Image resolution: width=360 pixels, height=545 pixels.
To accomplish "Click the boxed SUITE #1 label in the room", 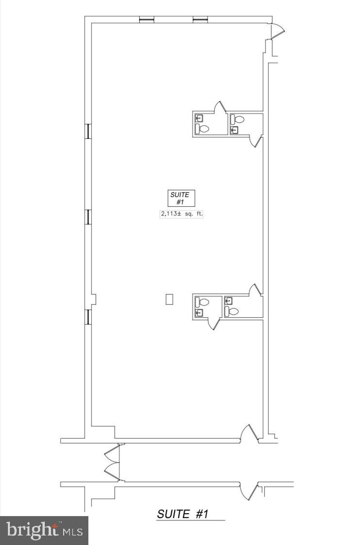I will [181, 198].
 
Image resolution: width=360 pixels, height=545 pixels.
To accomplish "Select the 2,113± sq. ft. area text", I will [182, 214].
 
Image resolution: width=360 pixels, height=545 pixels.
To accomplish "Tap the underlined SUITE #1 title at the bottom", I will [183, 514].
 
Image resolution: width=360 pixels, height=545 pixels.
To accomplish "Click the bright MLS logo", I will [44, 530].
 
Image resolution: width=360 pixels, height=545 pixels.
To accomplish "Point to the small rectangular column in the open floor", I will [169, 299].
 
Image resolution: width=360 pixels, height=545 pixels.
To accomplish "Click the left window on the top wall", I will [147, 20].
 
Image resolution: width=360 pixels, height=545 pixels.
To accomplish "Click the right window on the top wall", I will [200, 20].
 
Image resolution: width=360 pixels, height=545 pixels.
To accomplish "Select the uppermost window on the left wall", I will [89, 131].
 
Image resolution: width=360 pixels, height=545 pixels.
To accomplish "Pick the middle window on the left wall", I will [89, 217].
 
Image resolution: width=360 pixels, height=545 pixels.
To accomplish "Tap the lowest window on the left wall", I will [89, 317].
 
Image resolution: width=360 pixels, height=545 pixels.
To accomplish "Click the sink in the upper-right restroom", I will [234, 130].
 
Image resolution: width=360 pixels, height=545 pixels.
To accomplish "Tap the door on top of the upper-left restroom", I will [220, 107].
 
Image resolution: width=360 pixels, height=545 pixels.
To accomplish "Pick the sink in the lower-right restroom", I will [229, 301].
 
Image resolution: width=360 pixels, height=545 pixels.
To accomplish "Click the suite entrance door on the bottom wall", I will [250, 433].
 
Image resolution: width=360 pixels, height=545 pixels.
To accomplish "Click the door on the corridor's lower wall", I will [249, 491].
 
